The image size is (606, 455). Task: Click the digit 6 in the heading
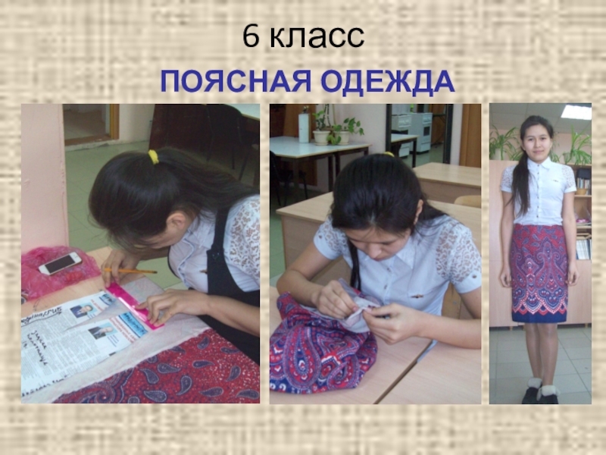[251, 36]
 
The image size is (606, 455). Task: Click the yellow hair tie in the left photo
[154, 157]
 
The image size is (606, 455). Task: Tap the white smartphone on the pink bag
[61, 263]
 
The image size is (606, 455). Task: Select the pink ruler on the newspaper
[136, 306]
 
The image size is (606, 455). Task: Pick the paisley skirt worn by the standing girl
[539, 273]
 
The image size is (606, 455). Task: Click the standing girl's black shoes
[540, 394]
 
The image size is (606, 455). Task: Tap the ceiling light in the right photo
[576, 111]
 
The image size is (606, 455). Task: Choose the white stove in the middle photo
[420, 130]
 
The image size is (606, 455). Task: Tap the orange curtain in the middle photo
[470, 136]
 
